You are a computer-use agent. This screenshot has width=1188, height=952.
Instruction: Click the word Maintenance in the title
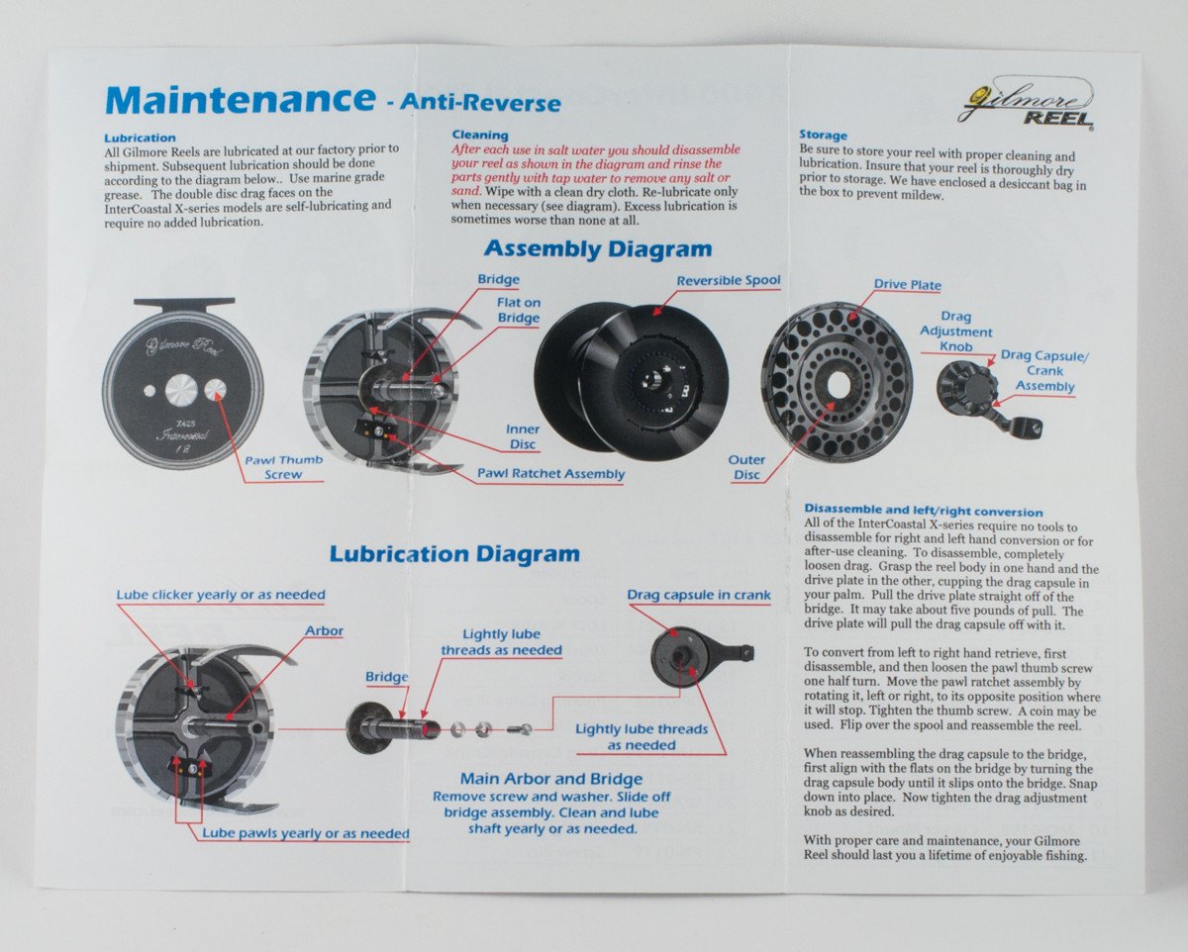coord(239,100)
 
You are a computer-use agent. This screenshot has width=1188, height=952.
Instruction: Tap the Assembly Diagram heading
coord(597,249)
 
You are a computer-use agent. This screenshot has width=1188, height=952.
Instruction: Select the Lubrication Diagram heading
coord(454,553)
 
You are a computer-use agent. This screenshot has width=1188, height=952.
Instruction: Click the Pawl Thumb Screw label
coord(284,467)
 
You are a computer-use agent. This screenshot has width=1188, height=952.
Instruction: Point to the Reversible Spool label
coord(729,281)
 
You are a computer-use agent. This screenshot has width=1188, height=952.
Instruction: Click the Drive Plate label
coord(907,285)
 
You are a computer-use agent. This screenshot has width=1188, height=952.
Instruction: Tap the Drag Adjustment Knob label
coord(955,333)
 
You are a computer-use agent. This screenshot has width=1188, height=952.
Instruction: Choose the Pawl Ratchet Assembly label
coord(551,474)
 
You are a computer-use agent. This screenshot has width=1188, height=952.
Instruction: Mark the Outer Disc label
coord(746,467)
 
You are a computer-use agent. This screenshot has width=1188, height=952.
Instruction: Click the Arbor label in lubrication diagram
coord(324,630)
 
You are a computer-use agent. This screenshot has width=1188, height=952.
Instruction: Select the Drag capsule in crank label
coord(698,595)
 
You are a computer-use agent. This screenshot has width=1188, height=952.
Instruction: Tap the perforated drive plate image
coord(837,381)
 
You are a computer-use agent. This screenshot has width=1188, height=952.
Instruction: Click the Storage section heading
coord(823,135)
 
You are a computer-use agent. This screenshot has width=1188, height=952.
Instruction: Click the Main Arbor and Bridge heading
coord(550,779)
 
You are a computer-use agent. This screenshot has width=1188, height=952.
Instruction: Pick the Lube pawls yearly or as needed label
coord(305,833)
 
